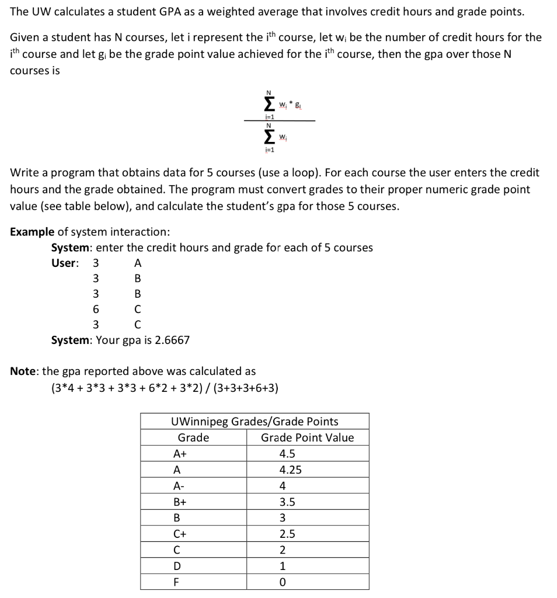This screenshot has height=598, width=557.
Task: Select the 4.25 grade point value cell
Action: pos(291,470)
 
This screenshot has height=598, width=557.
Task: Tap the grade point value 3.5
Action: pos(287,502)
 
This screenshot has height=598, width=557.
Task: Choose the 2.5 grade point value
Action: pos(287,534)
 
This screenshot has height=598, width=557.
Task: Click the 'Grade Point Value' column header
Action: pos(307,437)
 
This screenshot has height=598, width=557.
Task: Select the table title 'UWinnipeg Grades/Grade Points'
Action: pos(255,421)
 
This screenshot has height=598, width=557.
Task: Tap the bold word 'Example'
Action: pos(30,231)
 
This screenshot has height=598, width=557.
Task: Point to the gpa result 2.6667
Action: pos(169,340)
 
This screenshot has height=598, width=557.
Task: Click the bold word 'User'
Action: pos(64,263)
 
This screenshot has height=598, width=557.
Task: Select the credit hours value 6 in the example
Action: pos(95,309)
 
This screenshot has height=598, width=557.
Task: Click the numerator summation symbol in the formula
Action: pos(269,104)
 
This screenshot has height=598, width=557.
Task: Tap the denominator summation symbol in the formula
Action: pos(269,137)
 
